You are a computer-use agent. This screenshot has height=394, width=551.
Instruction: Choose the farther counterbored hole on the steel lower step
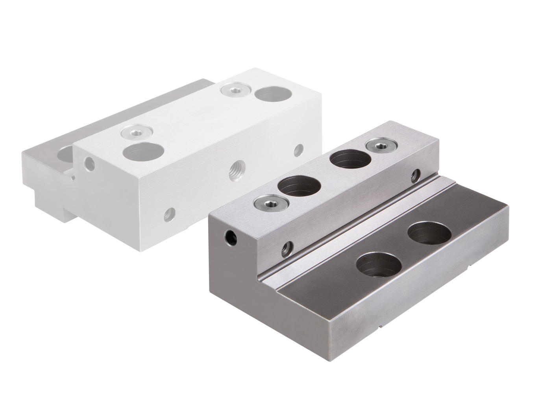point(429,235)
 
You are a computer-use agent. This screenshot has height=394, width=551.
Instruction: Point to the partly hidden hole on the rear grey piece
point(65,153)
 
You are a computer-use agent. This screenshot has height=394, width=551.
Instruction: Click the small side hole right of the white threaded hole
point(299,149)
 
